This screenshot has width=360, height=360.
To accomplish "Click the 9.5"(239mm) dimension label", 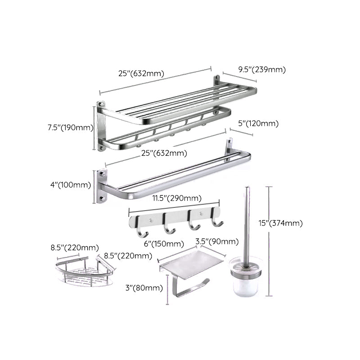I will click(262, 69).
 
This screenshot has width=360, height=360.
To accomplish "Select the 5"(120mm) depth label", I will click(259, 124).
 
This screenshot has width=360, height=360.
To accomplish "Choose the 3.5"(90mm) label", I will click(217, 242).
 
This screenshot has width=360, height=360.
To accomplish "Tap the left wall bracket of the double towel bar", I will click(102, 186).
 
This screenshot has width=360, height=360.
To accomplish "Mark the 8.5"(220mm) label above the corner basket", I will click(75, 247).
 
